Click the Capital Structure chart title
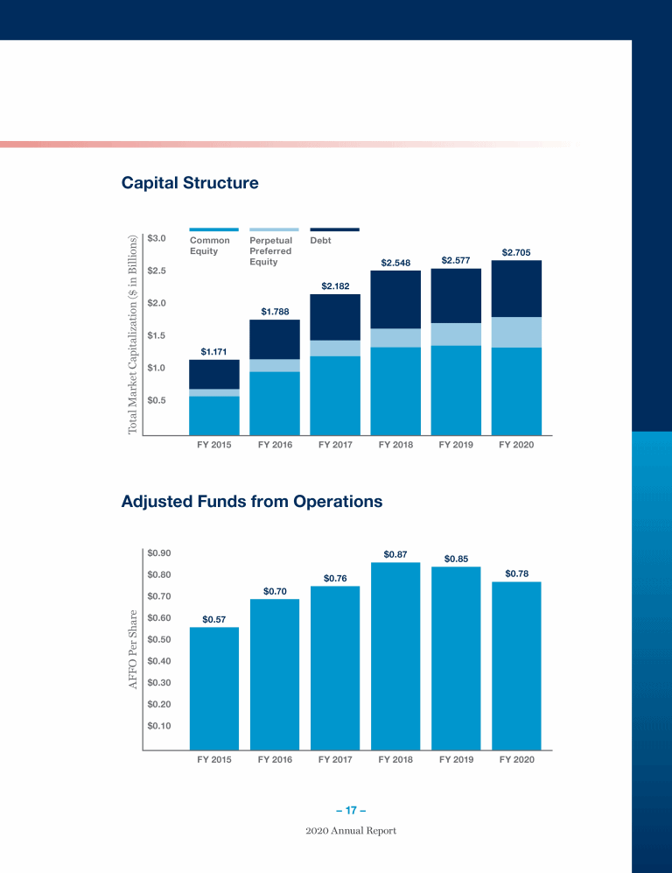point(190,184)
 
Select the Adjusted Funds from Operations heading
point(252,503)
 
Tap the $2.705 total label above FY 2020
point(515,252)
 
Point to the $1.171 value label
point(214,352)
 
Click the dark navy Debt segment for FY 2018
point(395,299)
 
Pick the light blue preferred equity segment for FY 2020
point(516,333)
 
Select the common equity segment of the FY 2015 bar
point(214,415)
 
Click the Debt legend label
point(321,241)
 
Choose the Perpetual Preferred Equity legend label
point(270,250)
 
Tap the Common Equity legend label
point(210,245)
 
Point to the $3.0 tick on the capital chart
point(157,238)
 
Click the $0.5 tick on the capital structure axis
point(157,400)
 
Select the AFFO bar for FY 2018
point(395,657)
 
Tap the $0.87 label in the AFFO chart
point(395,554)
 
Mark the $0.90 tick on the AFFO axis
point(159,553)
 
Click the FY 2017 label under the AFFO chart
point(335,760)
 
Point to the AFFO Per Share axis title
point(134,648)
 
